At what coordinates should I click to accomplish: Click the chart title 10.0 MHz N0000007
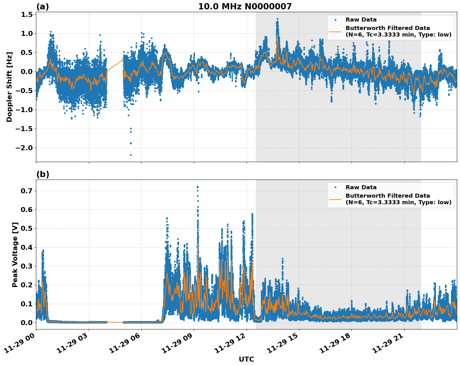[245, 7]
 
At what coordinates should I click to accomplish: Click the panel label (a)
[42, 7]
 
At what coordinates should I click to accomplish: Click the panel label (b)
[42, 174]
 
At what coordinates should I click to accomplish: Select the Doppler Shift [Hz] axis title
[9, 87]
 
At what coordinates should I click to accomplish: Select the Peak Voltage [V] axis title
[15, 255]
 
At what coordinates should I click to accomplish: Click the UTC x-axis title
[246, 359]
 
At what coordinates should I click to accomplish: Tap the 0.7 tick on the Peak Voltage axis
[28, 191]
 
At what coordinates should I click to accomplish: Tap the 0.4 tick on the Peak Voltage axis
[28, 247]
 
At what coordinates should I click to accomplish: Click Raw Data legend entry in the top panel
[361, 20]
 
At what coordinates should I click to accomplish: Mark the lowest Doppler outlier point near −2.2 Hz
[131, 155]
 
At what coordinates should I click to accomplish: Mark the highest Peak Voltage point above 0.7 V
[197, 187]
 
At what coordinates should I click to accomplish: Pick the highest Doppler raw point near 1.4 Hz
[277, 19]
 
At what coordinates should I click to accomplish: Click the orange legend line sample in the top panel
[335, 32]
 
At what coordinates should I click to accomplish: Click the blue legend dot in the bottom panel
[335, 187]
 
